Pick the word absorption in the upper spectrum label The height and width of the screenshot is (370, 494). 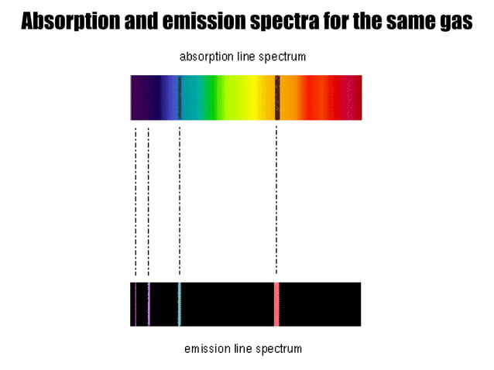206,57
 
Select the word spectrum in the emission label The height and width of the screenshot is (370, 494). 276,348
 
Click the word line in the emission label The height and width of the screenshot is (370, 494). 241,348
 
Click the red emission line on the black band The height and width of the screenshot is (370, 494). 276,303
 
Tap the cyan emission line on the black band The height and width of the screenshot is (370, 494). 180,303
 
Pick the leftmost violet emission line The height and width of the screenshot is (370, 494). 136,303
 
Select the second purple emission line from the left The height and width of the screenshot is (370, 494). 149,303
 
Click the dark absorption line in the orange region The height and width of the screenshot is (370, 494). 276,97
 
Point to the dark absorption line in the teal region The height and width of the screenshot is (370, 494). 180,97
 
